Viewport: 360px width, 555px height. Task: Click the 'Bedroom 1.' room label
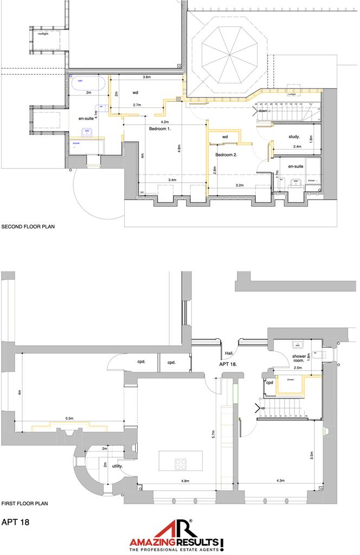coord(160,129)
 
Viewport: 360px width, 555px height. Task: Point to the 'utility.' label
coord(117,466)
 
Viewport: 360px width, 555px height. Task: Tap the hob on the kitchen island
coord(180,464)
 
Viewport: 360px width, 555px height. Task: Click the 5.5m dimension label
coord(68,418)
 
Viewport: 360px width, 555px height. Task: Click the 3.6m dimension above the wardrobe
coord(146,78)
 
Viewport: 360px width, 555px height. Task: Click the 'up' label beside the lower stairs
coord(263,408)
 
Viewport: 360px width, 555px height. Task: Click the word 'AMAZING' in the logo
coord(150,542)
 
